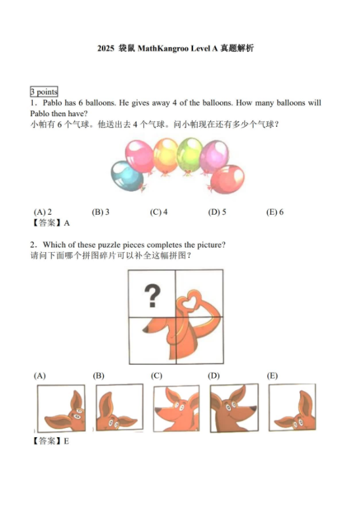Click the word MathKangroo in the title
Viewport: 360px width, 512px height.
pos(163,49)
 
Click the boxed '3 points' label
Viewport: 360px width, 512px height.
pos(44,92)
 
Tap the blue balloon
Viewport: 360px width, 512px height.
pos(127,177)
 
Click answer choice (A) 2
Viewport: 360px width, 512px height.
pos(43,212)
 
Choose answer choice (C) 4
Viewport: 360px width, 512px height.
pos(159,212)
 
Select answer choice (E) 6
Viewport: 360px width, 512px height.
pos(275,212)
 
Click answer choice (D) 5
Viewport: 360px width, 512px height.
pos(217,212)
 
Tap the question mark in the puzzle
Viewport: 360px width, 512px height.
pos(152,295)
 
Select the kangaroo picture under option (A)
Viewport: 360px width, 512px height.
pos(61,408)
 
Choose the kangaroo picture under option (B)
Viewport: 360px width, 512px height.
pos(120,407)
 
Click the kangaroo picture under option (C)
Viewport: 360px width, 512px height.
pos(177,408)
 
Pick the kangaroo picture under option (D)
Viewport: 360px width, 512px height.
pos(234,408)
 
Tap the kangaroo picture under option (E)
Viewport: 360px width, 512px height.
pos(292,408)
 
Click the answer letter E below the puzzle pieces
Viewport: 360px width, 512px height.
pos(66,442)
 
